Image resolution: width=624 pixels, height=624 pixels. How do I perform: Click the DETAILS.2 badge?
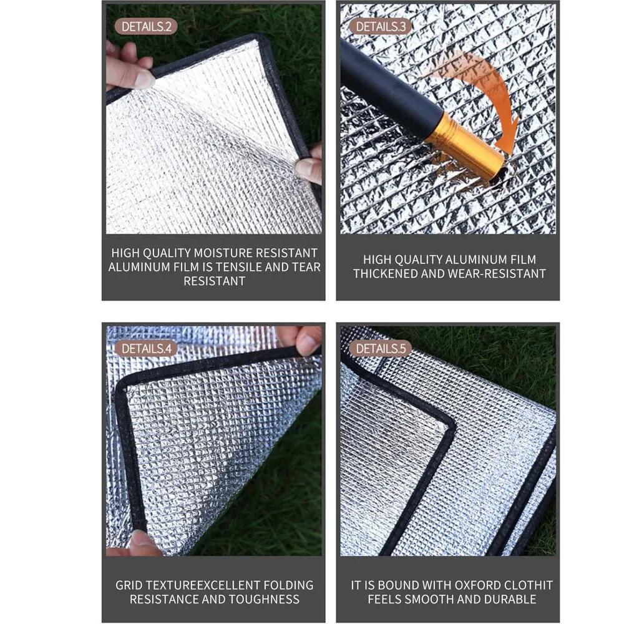(146, 26)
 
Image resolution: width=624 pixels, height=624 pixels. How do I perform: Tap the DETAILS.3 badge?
(381, 26)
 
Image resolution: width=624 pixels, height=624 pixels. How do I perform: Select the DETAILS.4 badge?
(146, 348)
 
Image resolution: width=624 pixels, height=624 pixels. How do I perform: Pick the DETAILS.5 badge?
(381, 348)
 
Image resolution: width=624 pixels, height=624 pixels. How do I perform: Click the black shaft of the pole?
(387, 94)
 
